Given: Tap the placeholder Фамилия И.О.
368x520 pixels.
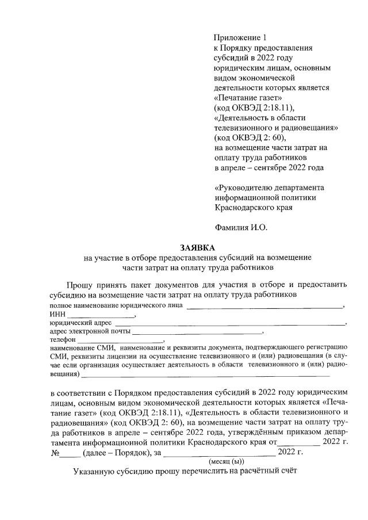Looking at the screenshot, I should [241, 227].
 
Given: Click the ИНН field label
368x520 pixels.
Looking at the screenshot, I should [57, 315].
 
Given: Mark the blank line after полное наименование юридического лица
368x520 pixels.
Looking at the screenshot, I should [264, 308].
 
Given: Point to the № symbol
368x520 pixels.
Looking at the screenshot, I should [56, 452].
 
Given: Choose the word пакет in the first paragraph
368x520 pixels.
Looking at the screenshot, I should [149, 284].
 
